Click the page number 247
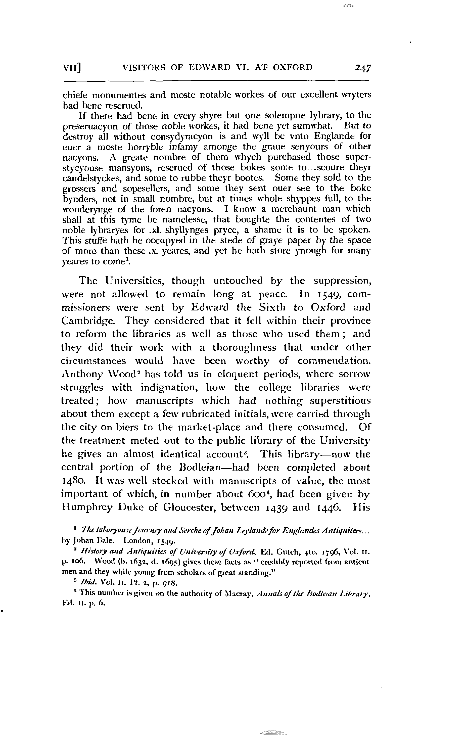pos(363,68)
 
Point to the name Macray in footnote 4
pos(237,595)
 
